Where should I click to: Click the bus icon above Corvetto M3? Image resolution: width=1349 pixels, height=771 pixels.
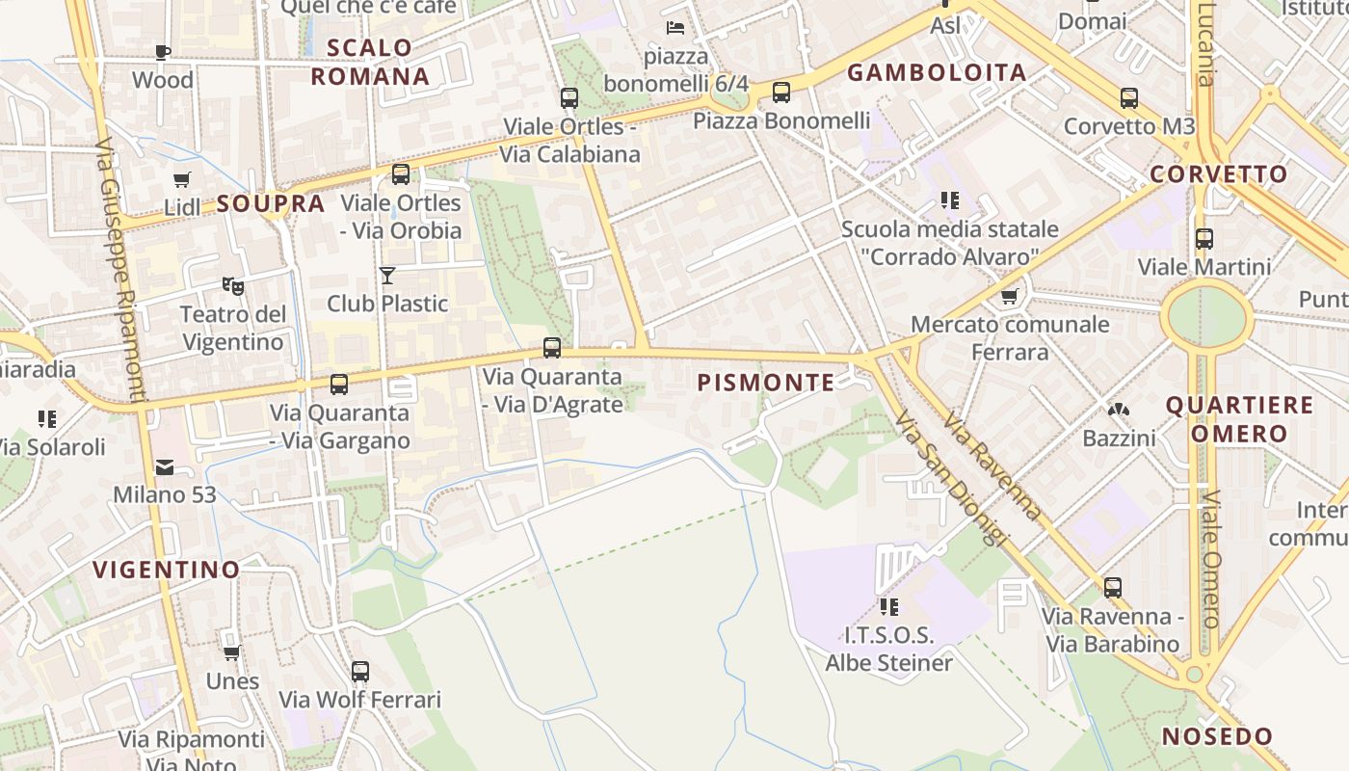(x=1128, y=97)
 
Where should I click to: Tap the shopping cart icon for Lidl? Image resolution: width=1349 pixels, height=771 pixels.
(x=181, y=178)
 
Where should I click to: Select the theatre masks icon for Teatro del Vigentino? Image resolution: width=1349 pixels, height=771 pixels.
(x=232, y=285)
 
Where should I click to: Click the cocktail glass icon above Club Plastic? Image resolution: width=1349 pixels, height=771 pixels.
(x=387, y=276)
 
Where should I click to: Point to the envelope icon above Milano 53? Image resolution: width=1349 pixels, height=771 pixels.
(x=165, y=467)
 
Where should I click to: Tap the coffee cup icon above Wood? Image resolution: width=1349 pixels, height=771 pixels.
(x=163, y=52)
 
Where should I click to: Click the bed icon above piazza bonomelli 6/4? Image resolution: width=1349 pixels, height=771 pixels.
(x=675, y=28)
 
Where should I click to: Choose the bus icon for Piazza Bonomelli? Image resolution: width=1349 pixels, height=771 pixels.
(x=780, y=93)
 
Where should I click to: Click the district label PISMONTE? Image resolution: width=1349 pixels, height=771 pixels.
(x=766, y=383)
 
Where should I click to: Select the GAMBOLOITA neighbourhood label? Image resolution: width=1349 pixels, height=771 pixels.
(x=937, y=72)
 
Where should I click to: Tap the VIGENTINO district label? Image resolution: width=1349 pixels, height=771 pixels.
(x=166, y=570)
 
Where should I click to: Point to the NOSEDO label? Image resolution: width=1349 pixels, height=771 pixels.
(x=1217, y=737)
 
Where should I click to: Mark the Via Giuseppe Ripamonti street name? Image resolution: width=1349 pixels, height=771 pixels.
(x=120, y=270)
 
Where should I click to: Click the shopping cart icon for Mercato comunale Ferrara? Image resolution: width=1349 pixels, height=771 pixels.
(x=1009, y=296)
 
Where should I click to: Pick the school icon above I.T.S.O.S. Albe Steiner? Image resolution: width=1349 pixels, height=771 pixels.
(x=888, y=607)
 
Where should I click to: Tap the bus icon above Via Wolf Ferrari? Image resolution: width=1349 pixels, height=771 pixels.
(x=359, y=671)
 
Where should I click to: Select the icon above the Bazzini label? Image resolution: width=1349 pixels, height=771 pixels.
(x=1118, y=411)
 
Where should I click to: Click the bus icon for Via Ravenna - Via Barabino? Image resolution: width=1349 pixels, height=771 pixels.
(x=1112, y=587)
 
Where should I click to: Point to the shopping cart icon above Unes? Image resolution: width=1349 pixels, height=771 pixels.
(x=232, y=652)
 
